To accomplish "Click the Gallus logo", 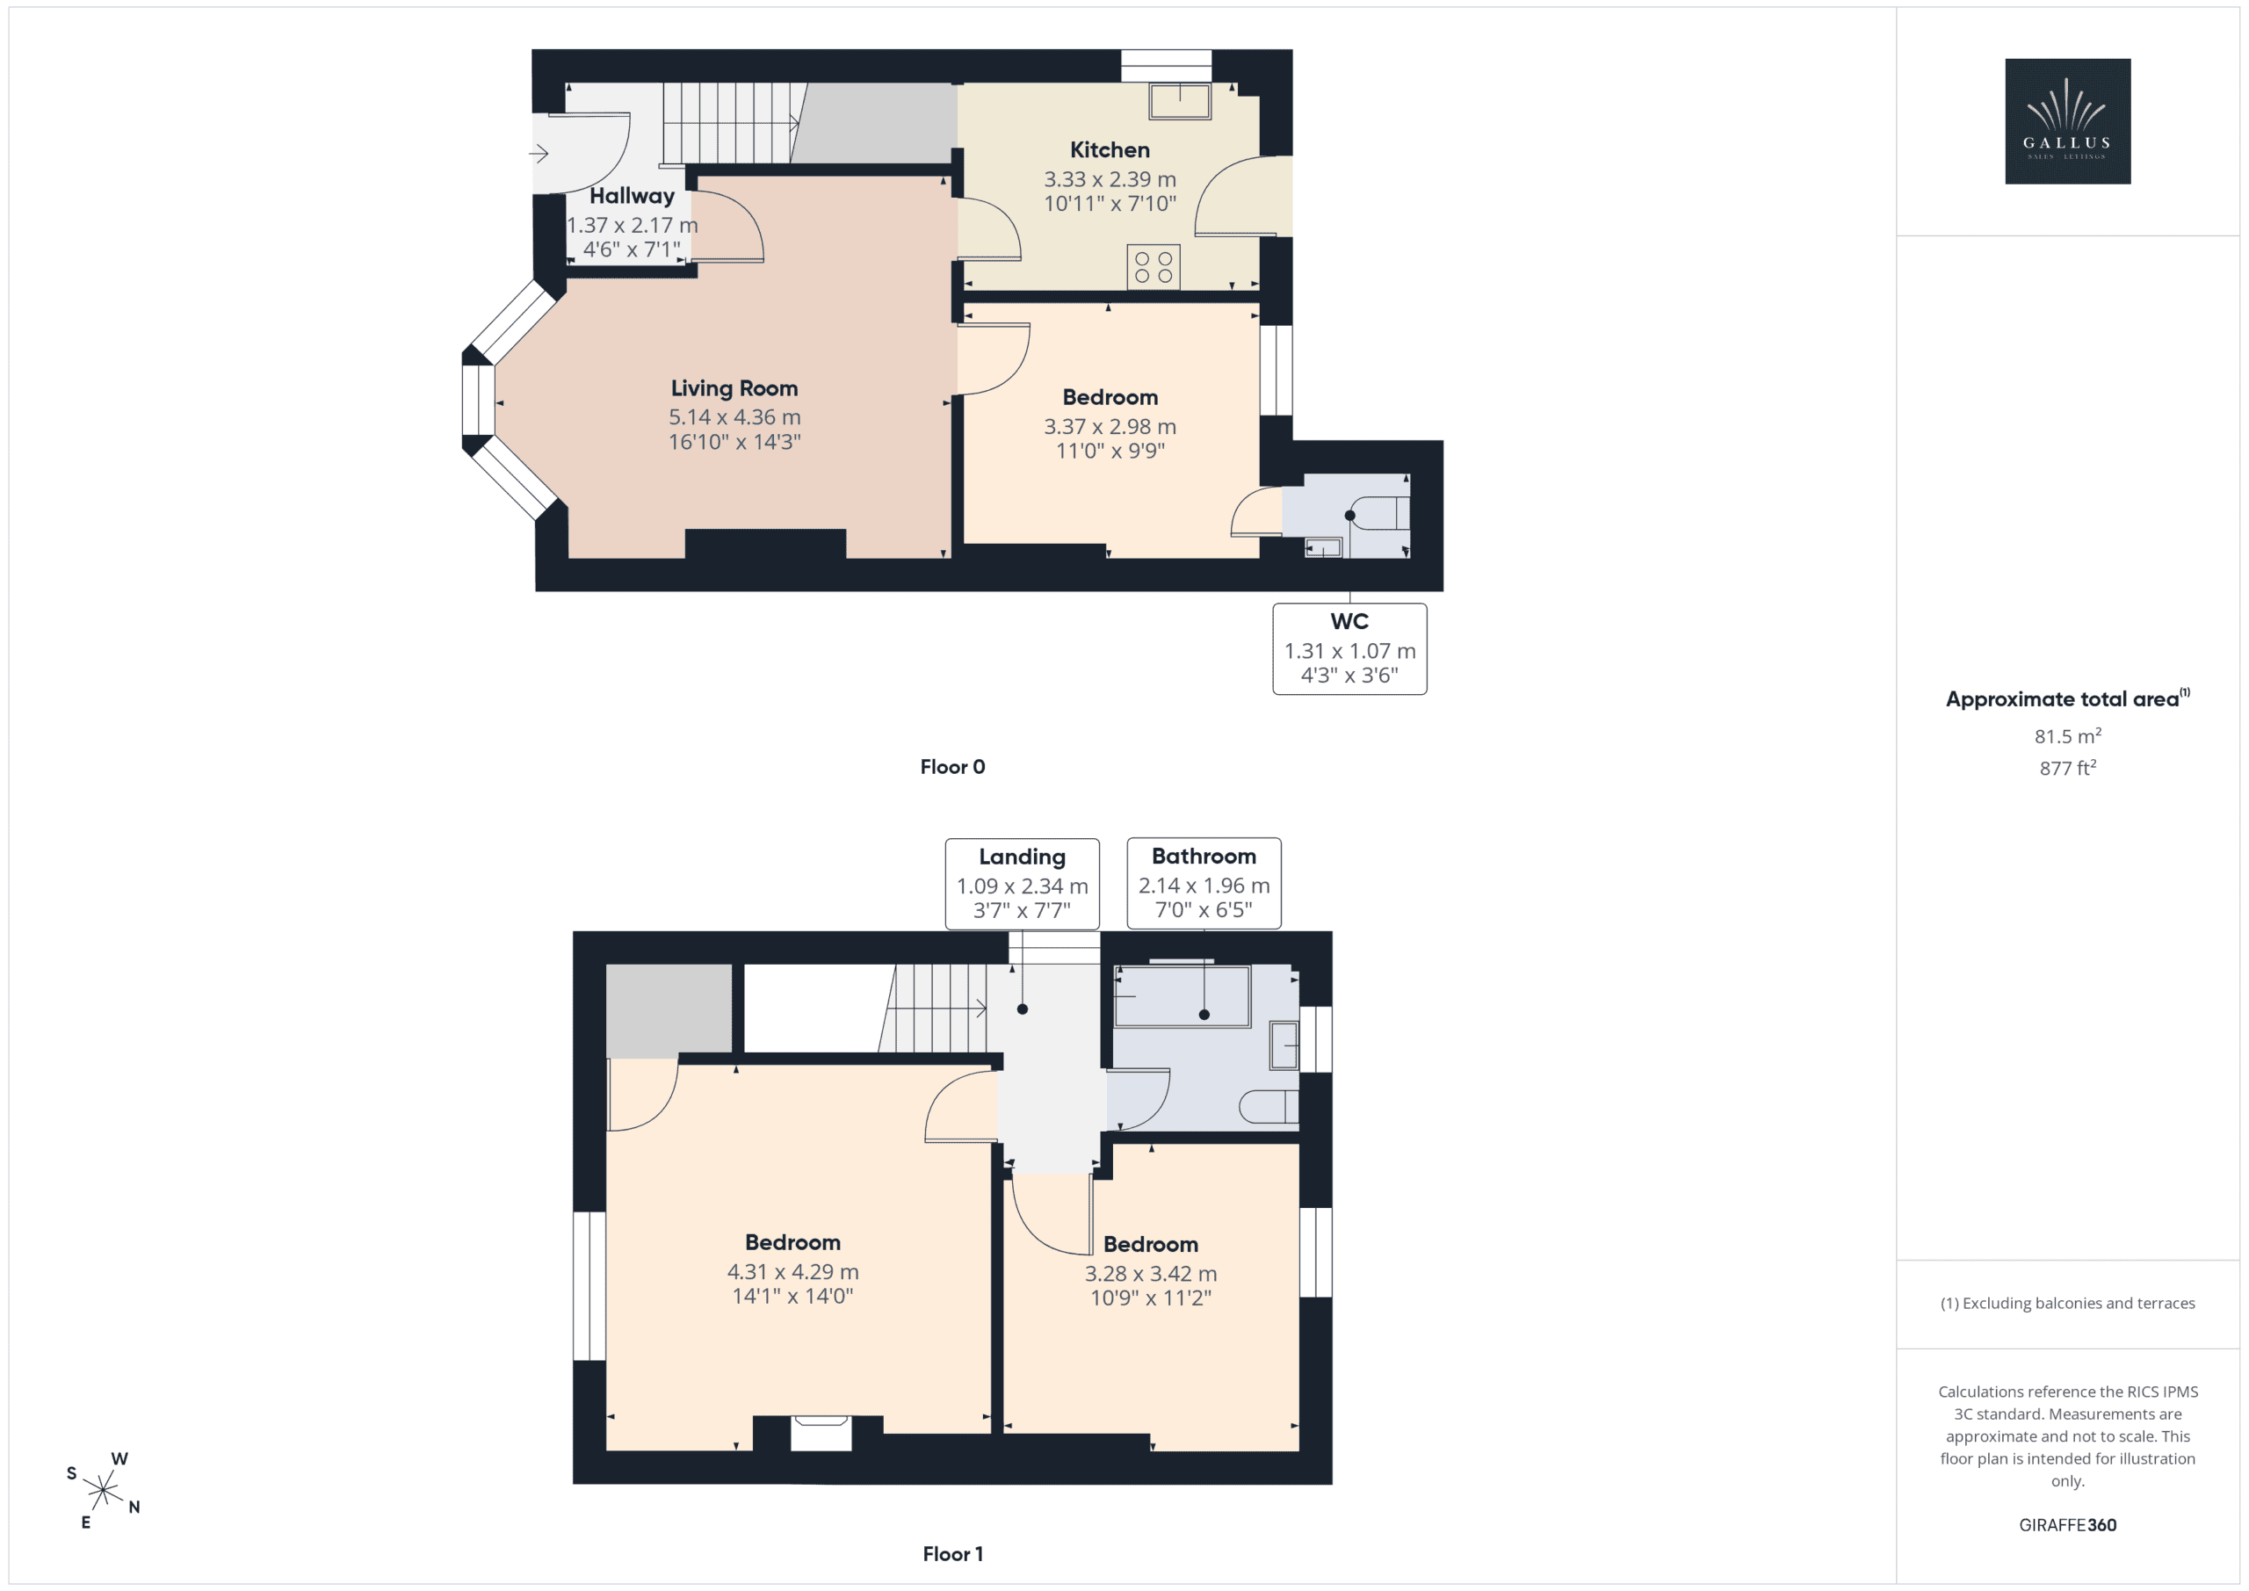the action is click(2067, 121).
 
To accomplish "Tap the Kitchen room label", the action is click(1109, 150).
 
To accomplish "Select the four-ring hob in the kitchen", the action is click(1153, 267).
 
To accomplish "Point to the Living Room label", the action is click(734, 388).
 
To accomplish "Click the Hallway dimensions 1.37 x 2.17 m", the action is click(632, 225).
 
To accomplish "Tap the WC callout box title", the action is click(1349, 621).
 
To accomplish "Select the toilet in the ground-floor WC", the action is click(1380, 513).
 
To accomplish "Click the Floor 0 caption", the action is click(952, 767).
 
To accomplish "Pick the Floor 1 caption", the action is click(952, 1554).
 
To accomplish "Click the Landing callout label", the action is click(1022, 857).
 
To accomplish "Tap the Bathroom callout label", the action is click(1204, 857).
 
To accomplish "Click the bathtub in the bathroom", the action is click(1182, 996).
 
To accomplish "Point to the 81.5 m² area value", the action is click(2067, 735).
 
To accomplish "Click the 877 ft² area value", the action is click(2067, 768).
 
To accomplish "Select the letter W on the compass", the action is click(119, 1458).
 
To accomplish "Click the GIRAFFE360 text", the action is click(2067, 1525).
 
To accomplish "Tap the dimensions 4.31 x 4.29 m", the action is click(792, 1271).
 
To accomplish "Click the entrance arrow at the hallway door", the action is click(539, 154).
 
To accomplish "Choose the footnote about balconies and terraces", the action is click(2067, 1303).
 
